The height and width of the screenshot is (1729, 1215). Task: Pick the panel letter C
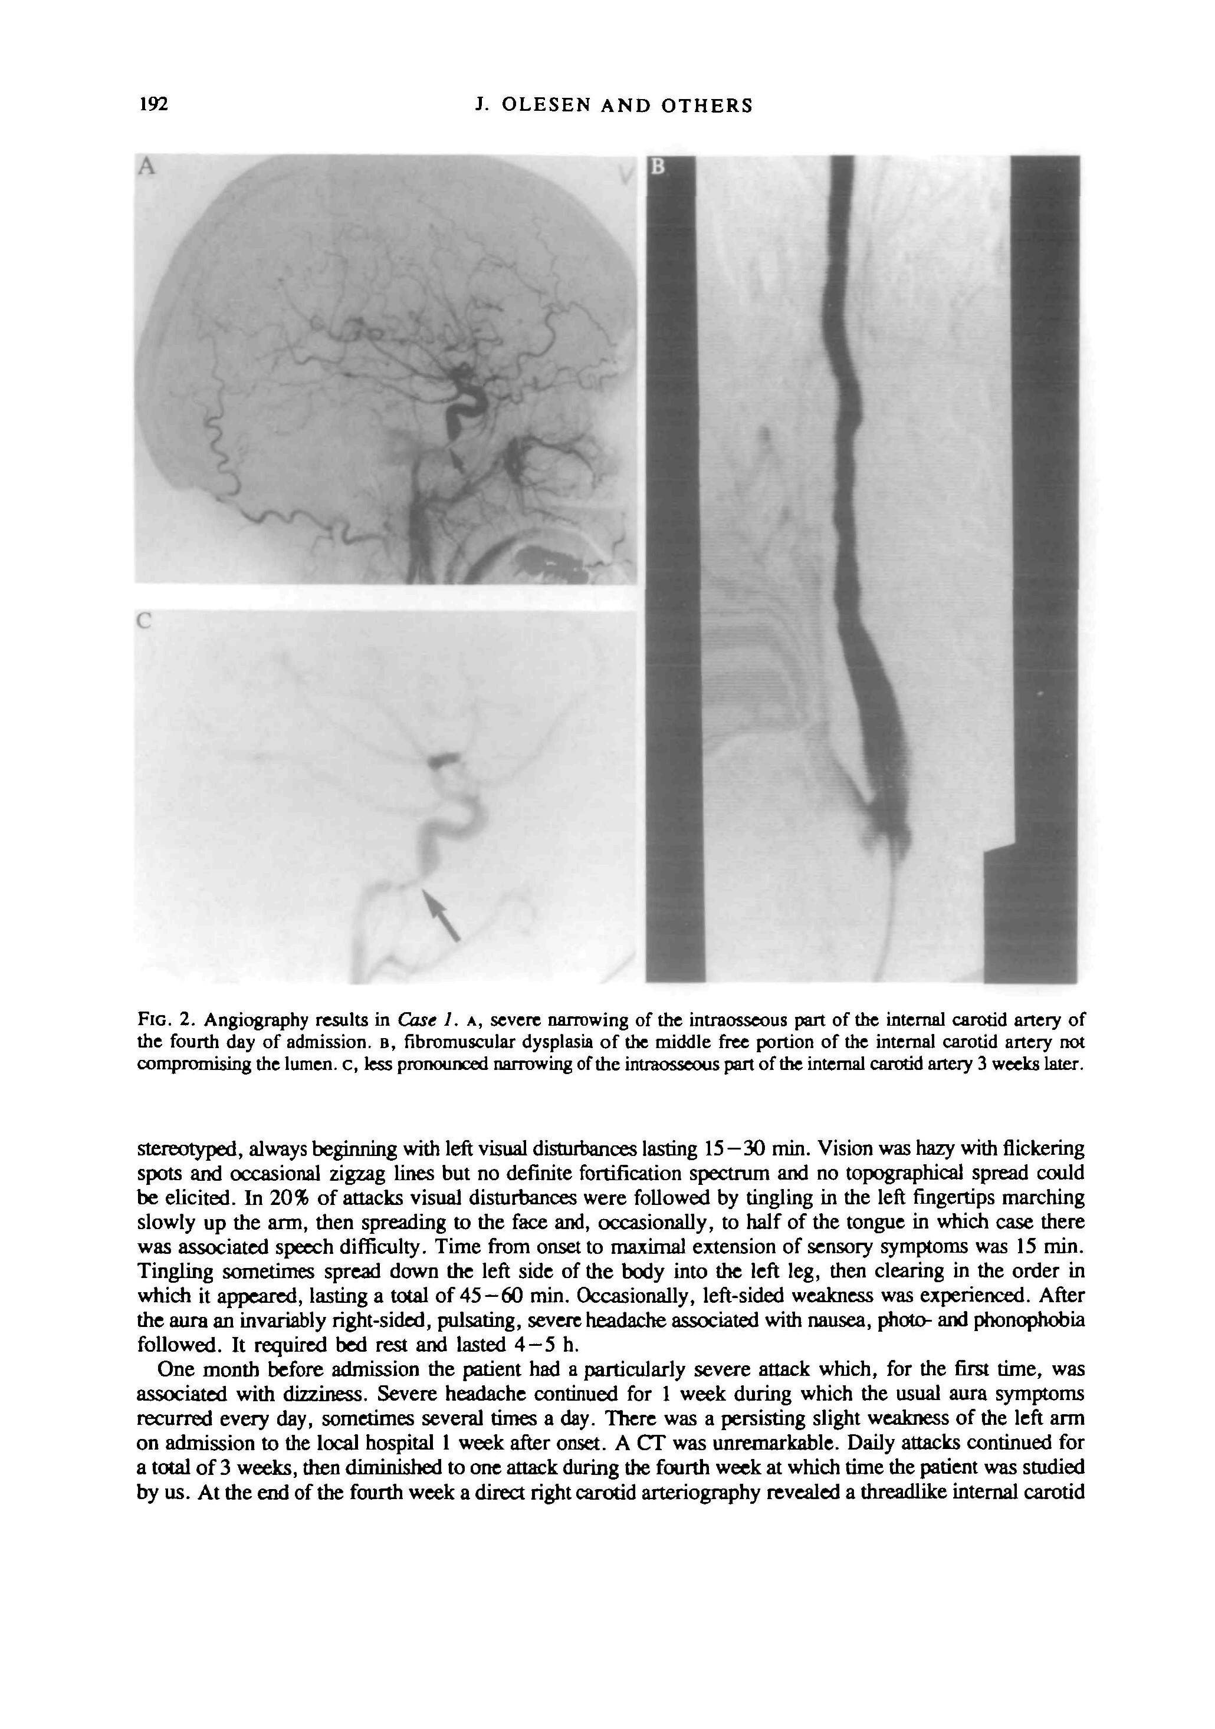[x=144, y=622]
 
